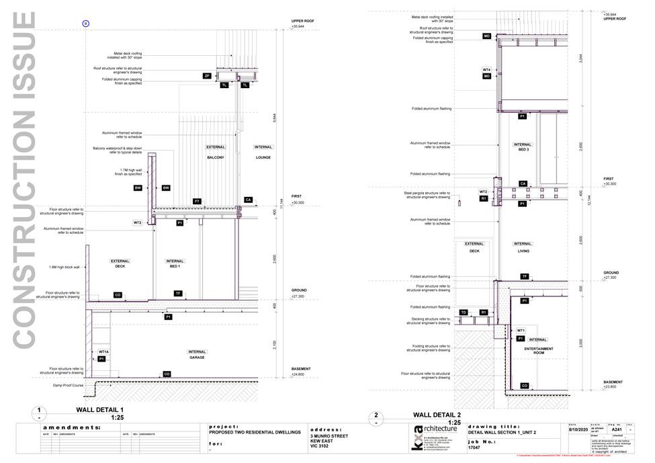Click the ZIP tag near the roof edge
208,77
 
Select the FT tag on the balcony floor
197,202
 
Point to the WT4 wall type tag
487,70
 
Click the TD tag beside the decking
464,312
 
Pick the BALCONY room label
216,157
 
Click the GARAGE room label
197,358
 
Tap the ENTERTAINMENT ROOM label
538,349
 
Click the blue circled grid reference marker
85,24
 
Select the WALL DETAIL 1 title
99,409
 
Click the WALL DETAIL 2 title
437,415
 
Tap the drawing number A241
617,429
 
